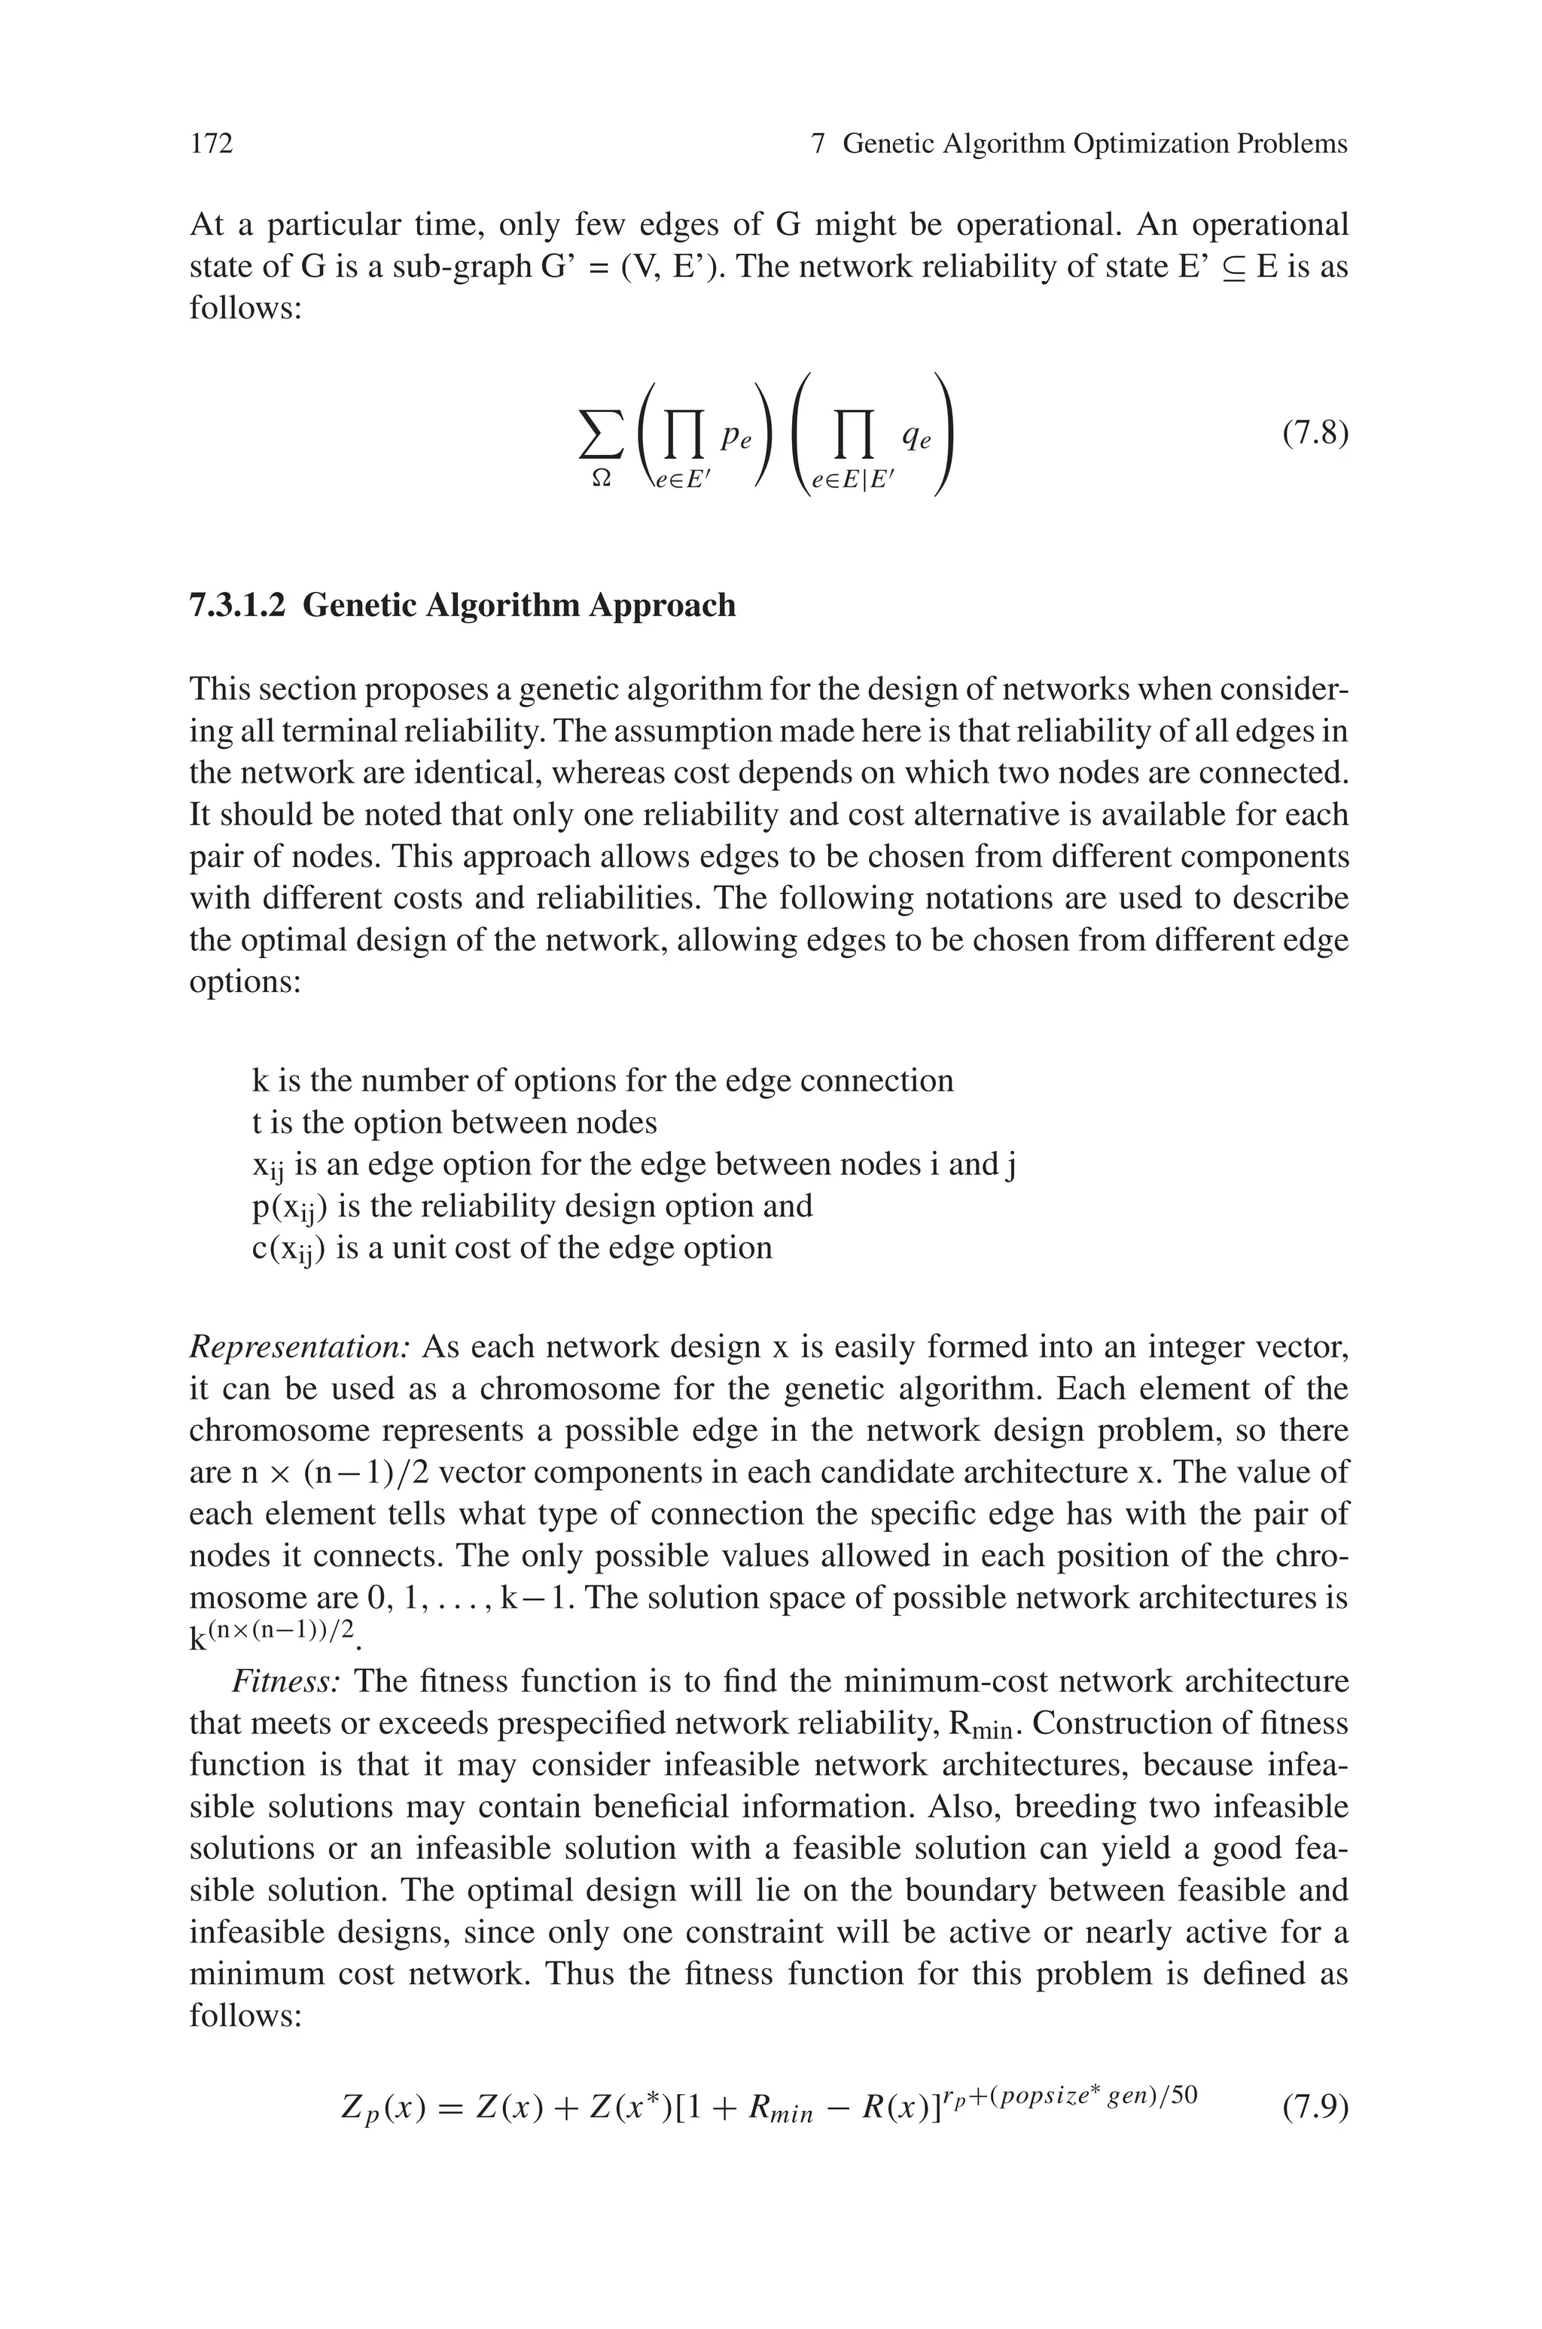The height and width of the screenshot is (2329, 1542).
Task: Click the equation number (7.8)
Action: click(x=1314, y=434)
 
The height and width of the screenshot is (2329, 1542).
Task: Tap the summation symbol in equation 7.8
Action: click(x=601, y=435)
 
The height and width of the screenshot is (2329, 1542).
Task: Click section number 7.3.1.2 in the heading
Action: click(x=237, y=605)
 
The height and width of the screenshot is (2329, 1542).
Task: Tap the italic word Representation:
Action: click(x=299, y=1347)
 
